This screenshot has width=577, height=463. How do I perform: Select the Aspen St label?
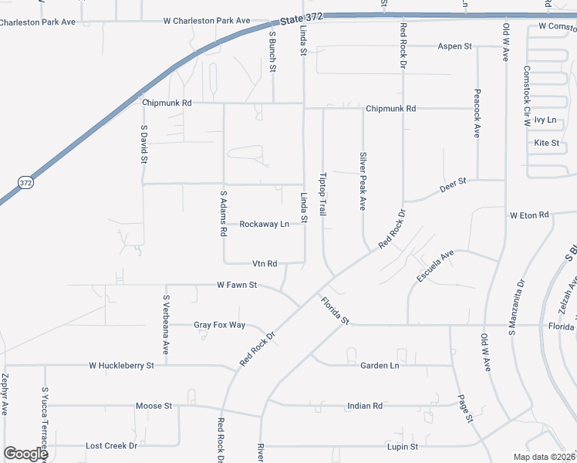point(454,46)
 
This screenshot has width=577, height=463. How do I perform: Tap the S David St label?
point(143,144)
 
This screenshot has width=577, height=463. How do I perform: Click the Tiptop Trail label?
point(324,193)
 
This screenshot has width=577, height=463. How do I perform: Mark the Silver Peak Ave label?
point(363,181)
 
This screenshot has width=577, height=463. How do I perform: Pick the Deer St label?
point(454,184)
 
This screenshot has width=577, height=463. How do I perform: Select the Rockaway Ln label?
point(264,224)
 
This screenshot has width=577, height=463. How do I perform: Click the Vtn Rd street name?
point(265,263)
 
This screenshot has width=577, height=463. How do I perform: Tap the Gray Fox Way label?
point(219,325)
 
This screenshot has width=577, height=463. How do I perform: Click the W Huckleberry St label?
point(122,365)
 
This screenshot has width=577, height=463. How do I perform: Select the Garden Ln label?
point(380,365)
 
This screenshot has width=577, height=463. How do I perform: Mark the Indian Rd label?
point(365,405)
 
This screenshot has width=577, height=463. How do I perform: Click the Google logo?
point(25,453)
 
